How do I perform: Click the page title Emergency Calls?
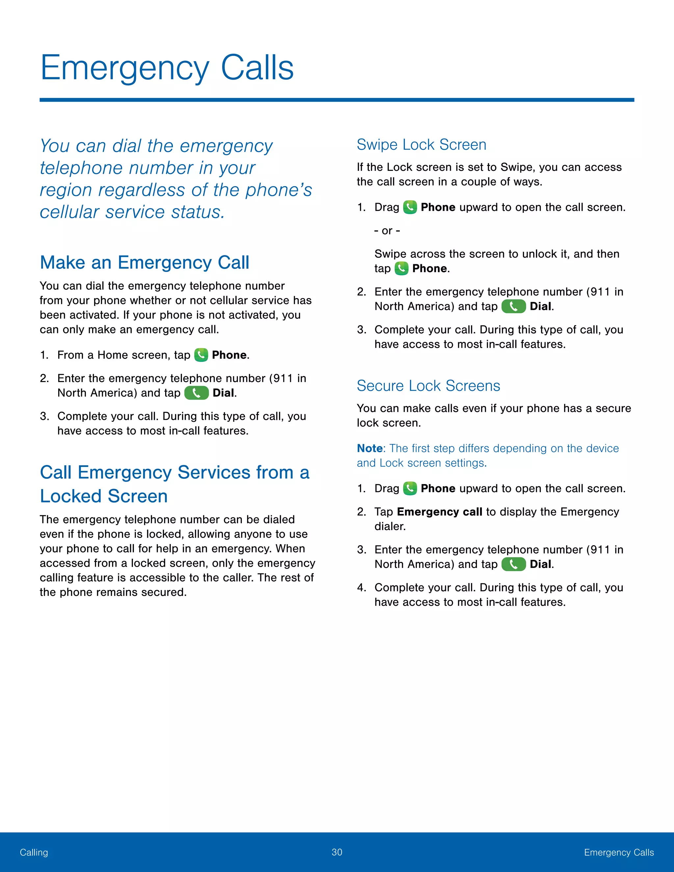pyautogui.click(x=167, y=68)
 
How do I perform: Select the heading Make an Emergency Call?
pyautogui.click(x=144, y=263)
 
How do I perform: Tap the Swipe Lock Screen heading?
pyautogui.click(x=421, y=144)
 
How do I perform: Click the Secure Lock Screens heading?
pyautogui.click(x=428, y=386)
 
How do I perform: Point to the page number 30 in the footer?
pyautogui.click(x=337, y=852)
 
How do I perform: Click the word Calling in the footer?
pyautogui.click(x=34, y=853)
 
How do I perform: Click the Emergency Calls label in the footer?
pyautogui.click(x=618, y=853)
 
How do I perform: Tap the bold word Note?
pyautogui.click(x=370, y=449)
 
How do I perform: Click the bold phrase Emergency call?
pyautogui.click(x=440, y=512)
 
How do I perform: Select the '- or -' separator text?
pyautogui.click(x=387, y=231)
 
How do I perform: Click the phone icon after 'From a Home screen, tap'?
pyautogui.click(x=201, y=355)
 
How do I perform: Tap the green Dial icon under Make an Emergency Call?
pyautogui.click(x=196, y=393)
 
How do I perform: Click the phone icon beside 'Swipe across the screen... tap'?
pyautogui.click(x=401, y=268)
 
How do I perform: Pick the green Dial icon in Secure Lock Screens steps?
pyautogui.click(x=513, y=564)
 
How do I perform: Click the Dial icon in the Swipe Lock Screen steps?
pyautogui.click(x=513, y=306)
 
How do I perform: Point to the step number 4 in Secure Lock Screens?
pyautogui.click(x=361, y=588)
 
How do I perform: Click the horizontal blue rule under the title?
pyautogui.click(x=337, y=100)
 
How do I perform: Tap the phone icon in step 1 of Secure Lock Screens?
pyautogui.click(x=410, y=488)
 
